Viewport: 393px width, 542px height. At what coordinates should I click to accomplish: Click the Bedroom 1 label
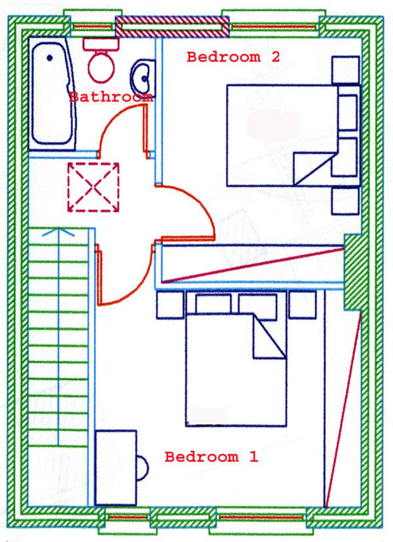pos(211,457)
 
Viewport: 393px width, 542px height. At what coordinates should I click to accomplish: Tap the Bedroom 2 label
pos(233,57)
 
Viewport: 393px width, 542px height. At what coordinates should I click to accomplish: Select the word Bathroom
pos(111,97)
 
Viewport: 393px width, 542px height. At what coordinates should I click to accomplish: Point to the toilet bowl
pos(101,67)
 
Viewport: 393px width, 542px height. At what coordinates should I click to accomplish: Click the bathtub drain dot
pos(50,58)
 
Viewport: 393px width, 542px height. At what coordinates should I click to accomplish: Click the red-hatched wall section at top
pos(172,26)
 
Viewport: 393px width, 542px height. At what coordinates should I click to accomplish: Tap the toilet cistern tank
pos(101,44)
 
